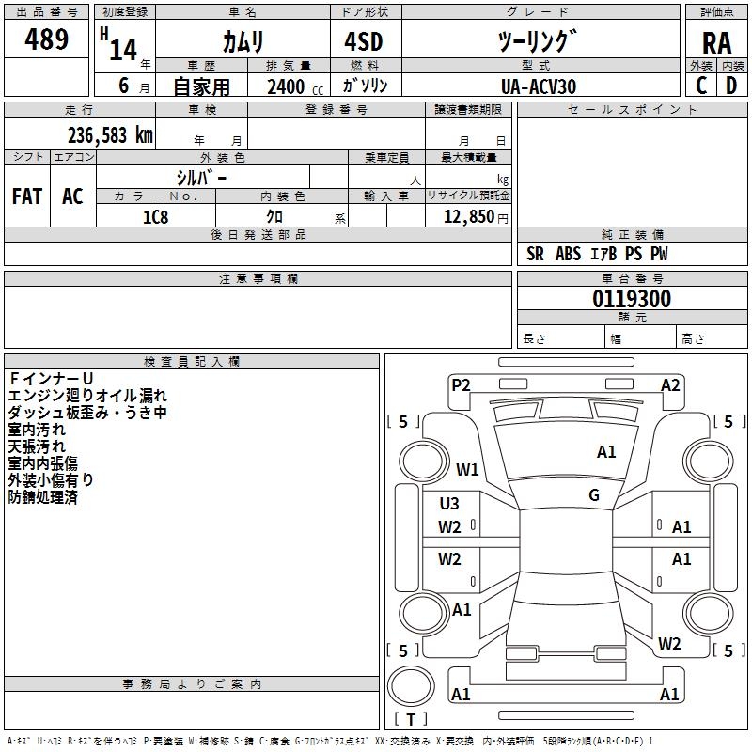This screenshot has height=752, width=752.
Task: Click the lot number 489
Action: click(x=47, y=39)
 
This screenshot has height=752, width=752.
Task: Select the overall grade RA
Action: click(x=716, y=42)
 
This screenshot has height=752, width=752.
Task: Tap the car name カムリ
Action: click(x=243, y=41)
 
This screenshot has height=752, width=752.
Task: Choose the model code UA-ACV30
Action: click(x=539, y=86)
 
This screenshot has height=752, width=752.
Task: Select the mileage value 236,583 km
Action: click(x=110, y=135)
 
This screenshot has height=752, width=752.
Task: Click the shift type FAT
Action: click(x=27, y=196)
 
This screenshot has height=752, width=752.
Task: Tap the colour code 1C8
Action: click(x=155, y=217)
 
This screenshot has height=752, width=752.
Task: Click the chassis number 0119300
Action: click(x=632, y=300)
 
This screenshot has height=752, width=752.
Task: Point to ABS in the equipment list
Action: click(x=569, y=254)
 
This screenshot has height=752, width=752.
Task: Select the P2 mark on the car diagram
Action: click(x=461, y=384)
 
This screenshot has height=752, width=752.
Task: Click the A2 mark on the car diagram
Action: click(x=670, y=384)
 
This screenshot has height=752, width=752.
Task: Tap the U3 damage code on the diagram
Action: click(x=449, y=504)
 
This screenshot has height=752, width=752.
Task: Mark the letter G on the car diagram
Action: click(x=594, y=495)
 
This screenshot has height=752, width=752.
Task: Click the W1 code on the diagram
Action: click(x=467, y=469)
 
